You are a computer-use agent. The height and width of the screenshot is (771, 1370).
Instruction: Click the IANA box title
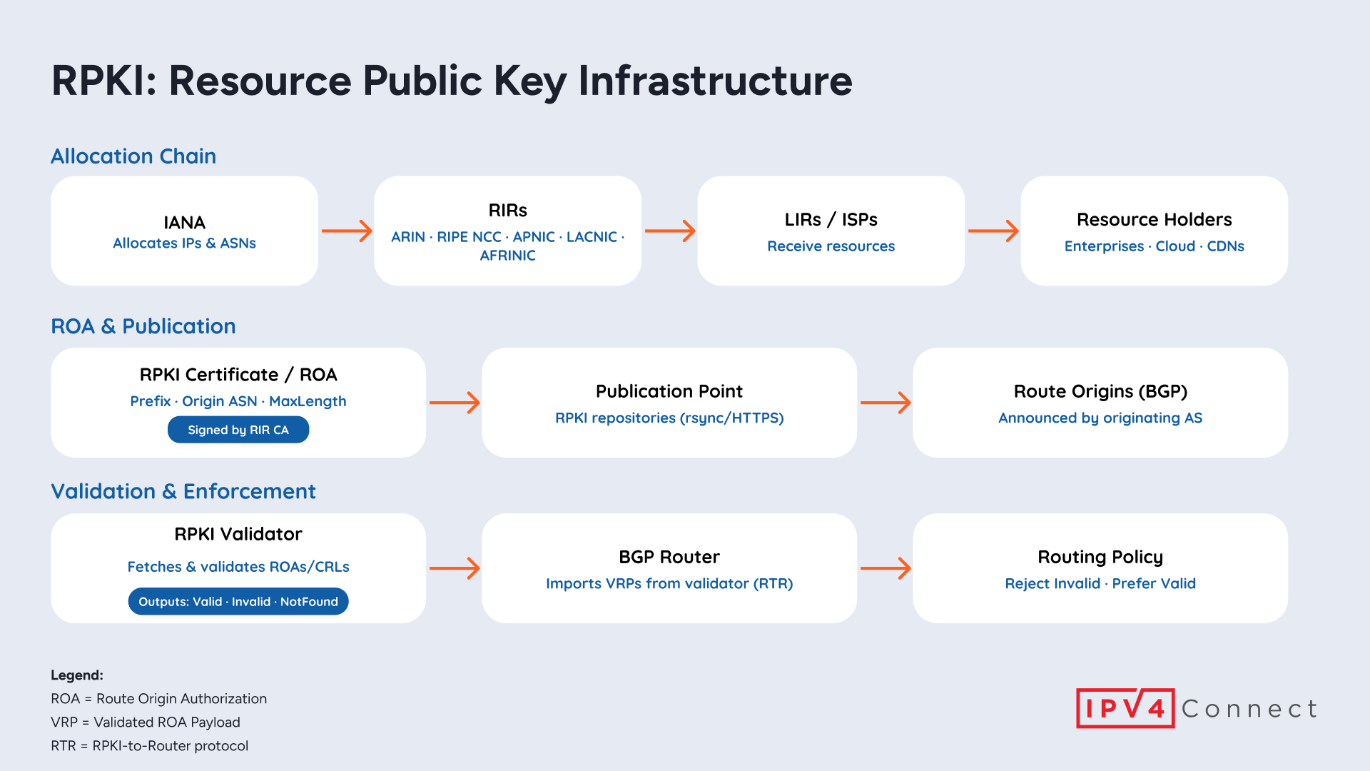184,223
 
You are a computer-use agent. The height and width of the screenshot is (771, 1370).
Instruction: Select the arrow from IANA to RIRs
347,231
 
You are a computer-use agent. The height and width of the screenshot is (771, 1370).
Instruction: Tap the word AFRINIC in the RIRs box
507,256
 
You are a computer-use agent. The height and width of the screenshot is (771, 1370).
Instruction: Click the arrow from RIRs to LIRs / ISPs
670,231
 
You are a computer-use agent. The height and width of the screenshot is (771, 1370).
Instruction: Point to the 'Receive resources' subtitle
831,246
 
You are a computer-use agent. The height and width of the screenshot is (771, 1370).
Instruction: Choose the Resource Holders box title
1154,220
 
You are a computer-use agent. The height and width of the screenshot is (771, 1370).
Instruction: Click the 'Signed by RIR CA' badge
238,430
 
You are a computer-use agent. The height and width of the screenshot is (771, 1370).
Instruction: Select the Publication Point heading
669,391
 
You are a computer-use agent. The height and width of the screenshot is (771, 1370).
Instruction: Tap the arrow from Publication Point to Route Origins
886,403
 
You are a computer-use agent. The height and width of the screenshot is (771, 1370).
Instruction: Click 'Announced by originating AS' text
1100,418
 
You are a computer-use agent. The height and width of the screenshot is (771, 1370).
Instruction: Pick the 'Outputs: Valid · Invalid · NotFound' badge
238,602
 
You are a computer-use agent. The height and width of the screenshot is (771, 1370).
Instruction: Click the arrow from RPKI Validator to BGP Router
455,568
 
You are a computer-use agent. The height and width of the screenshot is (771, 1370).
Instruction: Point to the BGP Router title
669,557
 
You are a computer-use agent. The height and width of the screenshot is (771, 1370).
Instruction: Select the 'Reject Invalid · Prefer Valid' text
1100,584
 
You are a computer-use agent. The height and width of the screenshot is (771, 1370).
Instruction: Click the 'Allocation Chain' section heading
133,156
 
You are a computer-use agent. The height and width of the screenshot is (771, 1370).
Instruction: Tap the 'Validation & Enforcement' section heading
183,492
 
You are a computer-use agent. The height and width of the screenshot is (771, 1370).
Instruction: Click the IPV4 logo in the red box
1125,708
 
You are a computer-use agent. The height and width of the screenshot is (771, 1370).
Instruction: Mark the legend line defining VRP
146,722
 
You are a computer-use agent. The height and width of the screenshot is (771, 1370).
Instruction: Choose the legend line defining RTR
150,746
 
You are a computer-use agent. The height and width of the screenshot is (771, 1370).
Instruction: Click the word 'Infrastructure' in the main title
715,81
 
